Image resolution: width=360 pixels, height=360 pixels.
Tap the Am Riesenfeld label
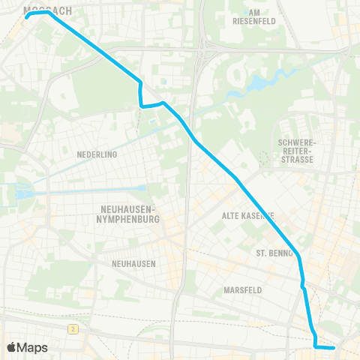[268, 16]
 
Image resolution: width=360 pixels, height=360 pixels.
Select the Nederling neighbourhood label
[97, 154]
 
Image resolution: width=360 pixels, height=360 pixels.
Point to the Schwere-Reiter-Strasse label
[298, 150]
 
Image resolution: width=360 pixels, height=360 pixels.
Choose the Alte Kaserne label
[248, 215]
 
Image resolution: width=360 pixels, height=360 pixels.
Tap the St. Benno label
[274, 253]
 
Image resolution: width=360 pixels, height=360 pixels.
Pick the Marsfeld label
[242, 289]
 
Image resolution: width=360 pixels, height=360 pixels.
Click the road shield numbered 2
[73, 329]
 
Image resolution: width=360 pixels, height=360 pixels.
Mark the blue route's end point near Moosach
[28, 14]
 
